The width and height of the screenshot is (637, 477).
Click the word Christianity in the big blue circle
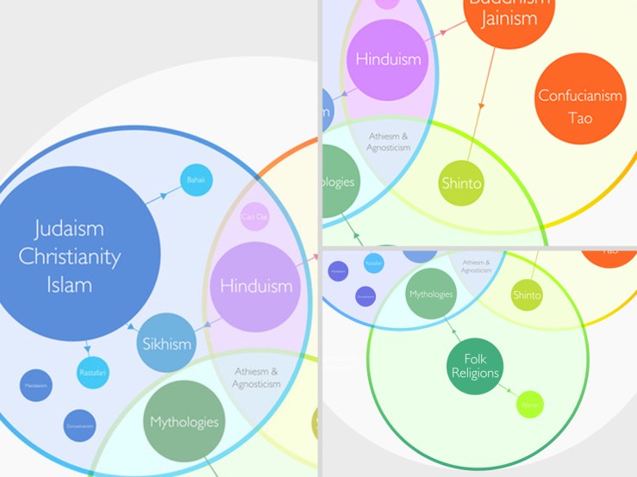click(70, 256)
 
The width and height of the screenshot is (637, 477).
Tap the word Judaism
click(70, 229)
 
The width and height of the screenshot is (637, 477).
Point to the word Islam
click(70, 283)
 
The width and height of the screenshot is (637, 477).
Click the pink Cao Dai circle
click(255, 217)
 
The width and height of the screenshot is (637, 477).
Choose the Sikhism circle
click(167, 344)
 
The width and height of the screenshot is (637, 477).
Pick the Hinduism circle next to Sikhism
click(256, 287)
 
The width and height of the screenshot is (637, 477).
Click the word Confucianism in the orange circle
click(580, 96)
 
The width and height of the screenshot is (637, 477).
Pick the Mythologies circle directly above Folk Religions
click(431, 294)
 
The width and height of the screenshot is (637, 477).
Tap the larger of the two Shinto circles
click(462, 183)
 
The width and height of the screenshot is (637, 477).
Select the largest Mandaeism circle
click(36, 386)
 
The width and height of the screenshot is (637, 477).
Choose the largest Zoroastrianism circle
click(78, 424)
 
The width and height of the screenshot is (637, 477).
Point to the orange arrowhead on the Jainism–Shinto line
click(482, 105)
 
